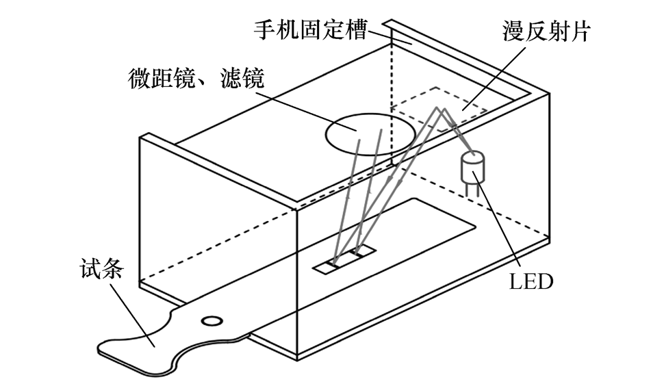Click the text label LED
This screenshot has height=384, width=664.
coord(531,281)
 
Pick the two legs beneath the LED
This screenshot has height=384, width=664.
coord(473,189)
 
